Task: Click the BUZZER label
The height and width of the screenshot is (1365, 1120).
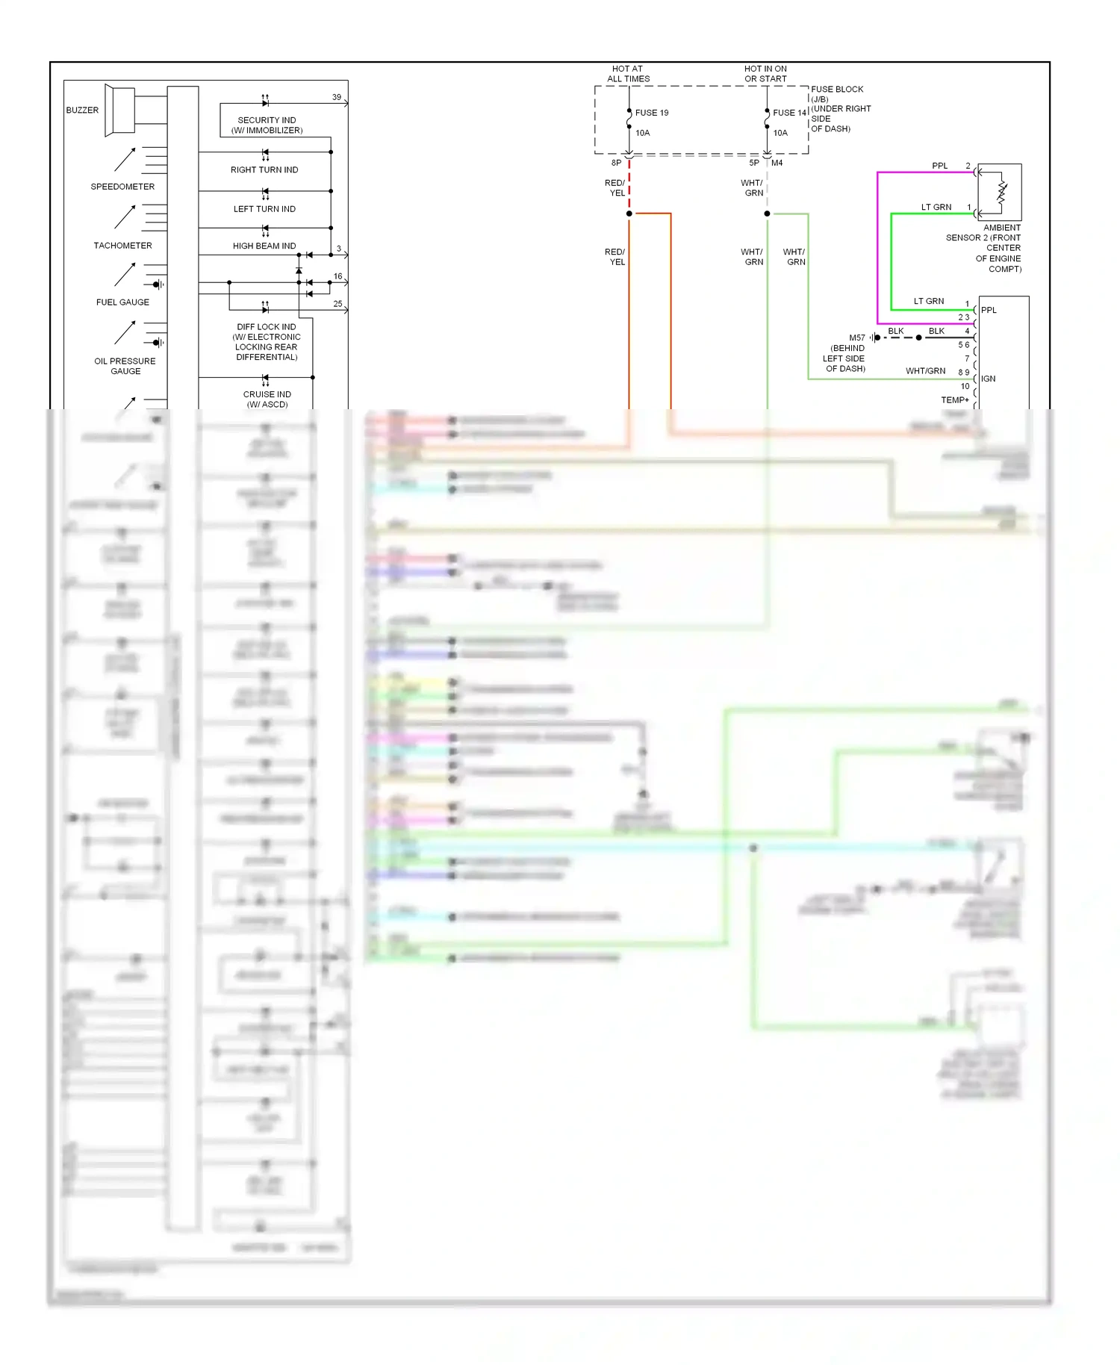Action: (82, 110)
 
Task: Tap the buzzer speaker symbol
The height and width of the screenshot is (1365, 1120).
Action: (120, 111)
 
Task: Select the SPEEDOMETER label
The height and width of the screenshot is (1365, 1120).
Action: (122, 187)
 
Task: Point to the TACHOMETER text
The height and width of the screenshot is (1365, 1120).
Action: (122, 246)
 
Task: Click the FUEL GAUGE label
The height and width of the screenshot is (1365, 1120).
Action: (122, 302)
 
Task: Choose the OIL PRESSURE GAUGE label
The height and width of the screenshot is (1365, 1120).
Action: (125, 366)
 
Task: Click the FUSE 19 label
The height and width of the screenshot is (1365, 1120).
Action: (651, 113)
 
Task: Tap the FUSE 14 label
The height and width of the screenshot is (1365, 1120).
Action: (789, 113)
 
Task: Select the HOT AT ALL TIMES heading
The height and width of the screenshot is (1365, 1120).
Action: (628, 74)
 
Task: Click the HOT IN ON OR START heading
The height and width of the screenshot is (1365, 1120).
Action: (765, 74)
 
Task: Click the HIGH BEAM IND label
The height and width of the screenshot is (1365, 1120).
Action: (264, 246)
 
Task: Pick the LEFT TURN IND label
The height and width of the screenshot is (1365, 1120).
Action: (264, 209)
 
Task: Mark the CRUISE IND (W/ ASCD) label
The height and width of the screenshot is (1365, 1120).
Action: (267, 399)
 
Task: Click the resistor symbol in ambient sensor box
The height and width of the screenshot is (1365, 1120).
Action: (1001, 193)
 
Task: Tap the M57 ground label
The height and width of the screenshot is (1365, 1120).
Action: (856, 338)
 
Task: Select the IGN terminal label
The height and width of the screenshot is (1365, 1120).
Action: (988, 379)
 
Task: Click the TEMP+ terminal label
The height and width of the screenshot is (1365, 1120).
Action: (954, 399)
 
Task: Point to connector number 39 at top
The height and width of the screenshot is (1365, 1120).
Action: (337, 97)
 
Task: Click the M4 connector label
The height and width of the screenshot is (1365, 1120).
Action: (777, 163)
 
